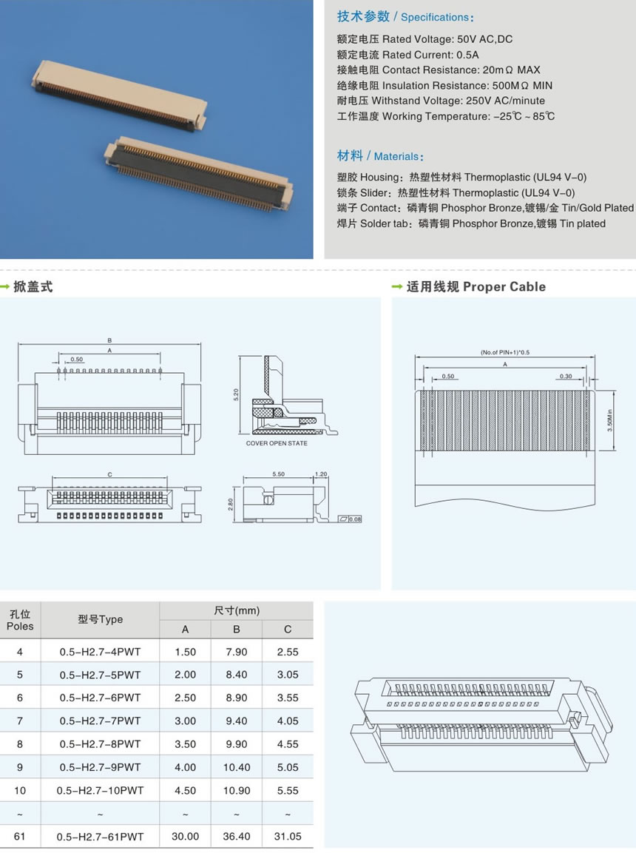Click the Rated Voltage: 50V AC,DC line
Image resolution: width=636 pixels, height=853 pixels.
[424, 39]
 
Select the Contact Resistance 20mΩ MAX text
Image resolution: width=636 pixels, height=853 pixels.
[439, 70]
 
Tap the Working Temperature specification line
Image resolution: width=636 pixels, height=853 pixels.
[445, 116]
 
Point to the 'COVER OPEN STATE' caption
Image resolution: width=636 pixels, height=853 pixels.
[277, 443]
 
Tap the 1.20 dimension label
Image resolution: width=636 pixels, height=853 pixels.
[321, 473]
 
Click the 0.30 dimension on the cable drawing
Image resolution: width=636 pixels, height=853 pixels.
[566, 377]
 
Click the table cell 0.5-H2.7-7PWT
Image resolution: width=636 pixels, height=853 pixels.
[100, 721]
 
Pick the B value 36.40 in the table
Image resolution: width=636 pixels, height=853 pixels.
[237, 836]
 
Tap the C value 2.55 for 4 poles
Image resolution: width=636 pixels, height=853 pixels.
[288, 652]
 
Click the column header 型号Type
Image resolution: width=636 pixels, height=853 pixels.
[100, 619]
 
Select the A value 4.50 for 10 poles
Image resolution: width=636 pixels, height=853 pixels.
[185, 790]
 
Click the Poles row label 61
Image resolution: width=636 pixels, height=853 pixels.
[20, 836]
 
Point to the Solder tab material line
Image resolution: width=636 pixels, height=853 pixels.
[471, 223]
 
